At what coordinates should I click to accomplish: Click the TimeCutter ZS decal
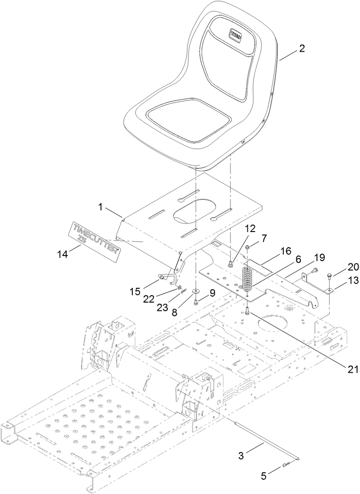(95, 235)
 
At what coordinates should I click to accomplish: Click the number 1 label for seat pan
(100, 208)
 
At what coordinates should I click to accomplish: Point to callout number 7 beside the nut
(264, 238)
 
